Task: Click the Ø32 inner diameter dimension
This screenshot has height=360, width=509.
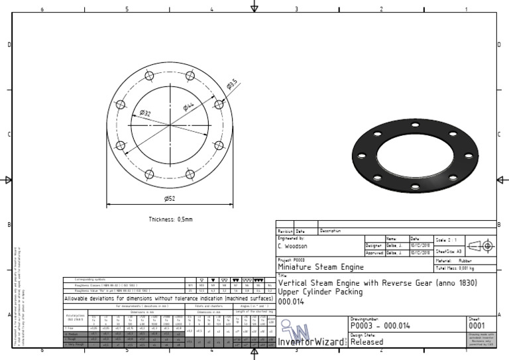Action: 144,113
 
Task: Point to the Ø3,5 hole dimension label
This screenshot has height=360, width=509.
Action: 233,84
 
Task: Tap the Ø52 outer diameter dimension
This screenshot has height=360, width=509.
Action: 170,198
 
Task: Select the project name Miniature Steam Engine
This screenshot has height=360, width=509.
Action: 321,267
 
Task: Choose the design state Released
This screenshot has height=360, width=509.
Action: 367,342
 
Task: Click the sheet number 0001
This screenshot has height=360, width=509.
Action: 477,326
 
